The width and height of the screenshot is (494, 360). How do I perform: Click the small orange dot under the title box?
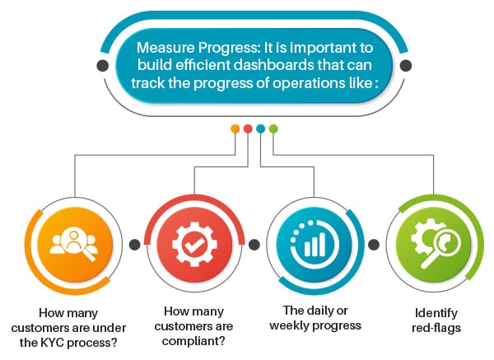(235, 129)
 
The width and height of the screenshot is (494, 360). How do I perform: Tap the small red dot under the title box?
(247, 129)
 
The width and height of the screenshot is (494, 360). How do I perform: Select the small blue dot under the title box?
(260, 129)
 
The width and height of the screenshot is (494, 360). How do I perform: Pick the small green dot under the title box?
(273, 129)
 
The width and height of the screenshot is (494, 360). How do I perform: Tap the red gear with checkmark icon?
(194, 245)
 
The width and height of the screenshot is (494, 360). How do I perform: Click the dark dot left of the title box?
(103, 65)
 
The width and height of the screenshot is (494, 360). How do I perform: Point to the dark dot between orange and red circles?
(134, 245)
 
